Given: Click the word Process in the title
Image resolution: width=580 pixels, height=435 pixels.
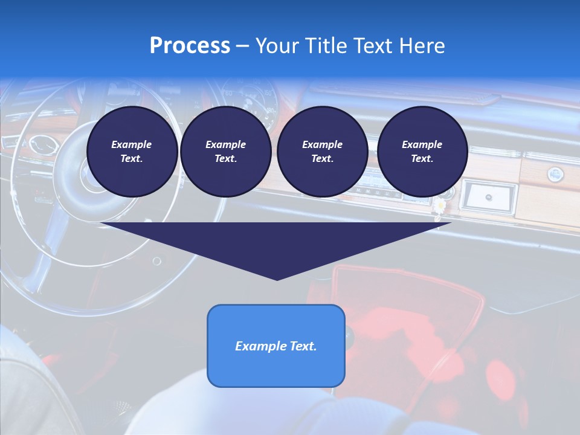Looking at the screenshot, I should point(190,46).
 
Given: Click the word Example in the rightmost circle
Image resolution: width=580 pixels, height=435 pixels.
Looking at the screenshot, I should point(422,144).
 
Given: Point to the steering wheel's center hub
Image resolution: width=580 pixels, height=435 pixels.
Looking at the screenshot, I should point(91,181).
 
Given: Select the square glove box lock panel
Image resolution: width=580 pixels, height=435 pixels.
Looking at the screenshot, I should point(488,197).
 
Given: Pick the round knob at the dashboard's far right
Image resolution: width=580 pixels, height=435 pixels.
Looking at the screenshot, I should point(555,175).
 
